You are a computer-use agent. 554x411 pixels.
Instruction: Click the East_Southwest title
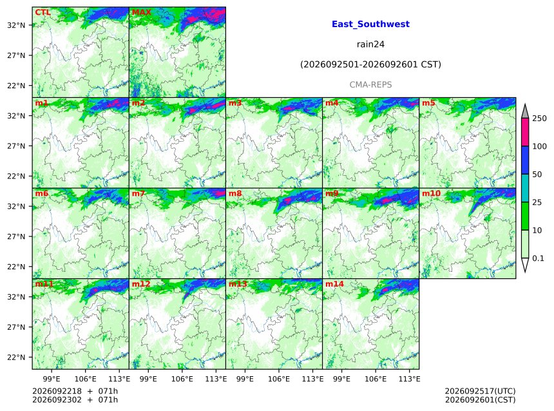370,24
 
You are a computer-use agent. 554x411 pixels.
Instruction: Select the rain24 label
370,44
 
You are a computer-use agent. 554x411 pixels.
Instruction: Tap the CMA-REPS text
370,85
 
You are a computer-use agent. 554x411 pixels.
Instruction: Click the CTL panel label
43,12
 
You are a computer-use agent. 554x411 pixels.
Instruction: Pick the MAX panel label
141,12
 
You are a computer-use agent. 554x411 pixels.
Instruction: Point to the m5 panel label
428,103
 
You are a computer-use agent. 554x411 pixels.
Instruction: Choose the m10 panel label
431,193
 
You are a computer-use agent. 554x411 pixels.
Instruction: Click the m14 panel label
334,284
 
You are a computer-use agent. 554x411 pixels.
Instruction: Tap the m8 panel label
235,193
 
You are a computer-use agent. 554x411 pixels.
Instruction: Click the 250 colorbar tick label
540,119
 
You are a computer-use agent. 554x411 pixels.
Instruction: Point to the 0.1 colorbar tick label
538,258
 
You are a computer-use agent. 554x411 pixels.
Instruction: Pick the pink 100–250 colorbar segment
525,132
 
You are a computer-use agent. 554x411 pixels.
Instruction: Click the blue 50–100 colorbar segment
525,160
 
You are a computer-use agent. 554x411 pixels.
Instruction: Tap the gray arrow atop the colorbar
525,111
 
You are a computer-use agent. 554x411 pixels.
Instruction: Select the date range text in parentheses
370,64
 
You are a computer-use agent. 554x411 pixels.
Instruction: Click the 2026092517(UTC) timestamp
480,391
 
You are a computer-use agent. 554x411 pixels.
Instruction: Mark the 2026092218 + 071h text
75,391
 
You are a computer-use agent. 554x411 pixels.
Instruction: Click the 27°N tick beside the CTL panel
16,55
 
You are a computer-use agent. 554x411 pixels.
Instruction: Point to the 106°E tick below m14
375,379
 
